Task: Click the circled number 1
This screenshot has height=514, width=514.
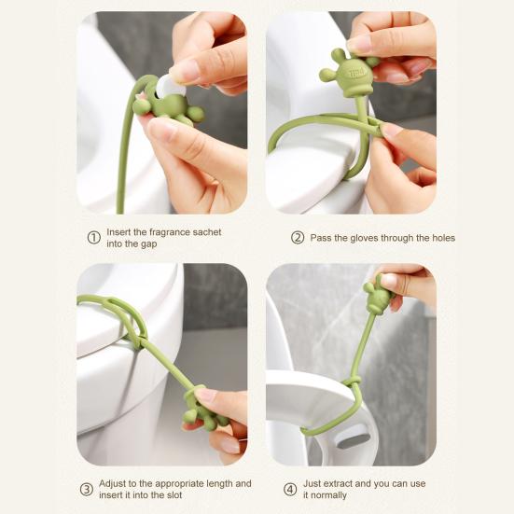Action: point(94,238)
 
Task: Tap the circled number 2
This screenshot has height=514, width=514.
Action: point(298,238)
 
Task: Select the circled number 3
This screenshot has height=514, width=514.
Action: point(87,490)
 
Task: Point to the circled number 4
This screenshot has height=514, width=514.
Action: point(290,490)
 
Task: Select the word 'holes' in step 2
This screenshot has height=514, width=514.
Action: point(443,238)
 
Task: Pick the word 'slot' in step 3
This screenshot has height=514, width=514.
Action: point(174,495)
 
